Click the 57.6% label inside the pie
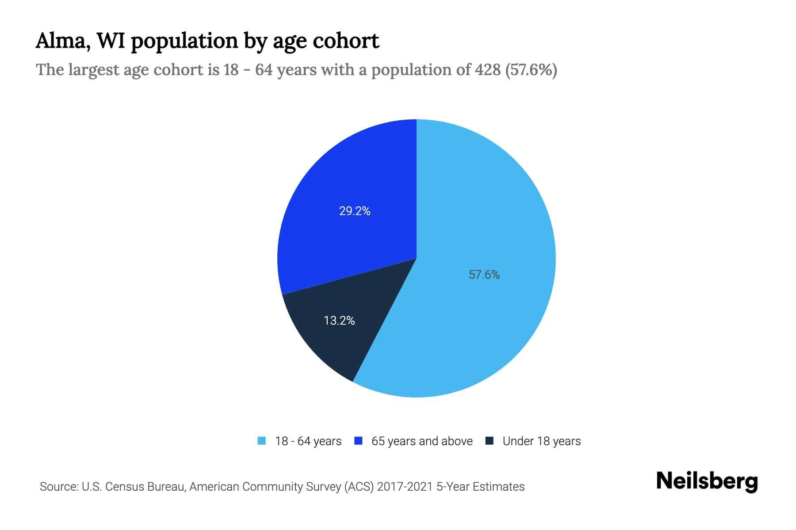click(484, 275)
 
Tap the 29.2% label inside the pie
click(355, 211)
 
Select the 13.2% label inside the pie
click(339, 321)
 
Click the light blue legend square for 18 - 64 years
click(262, 441)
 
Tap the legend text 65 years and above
click(422, 441)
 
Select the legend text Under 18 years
click(541, 441)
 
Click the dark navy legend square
click(490, 441)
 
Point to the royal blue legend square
click(359, 441)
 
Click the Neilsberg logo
click(707, 481)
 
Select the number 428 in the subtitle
click(488, 70)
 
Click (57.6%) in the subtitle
click(531, 70)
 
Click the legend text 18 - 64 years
click(308, 441)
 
